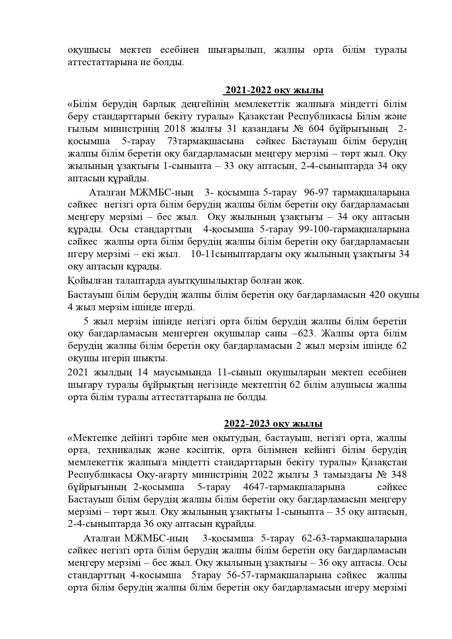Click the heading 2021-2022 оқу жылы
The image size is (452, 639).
tap(274, 90)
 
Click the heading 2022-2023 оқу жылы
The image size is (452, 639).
tap(273, 424)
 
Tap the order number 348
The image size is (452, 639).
tap(398, 475)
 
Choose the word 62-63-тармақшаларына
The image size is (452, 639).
tap(354, 538)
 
